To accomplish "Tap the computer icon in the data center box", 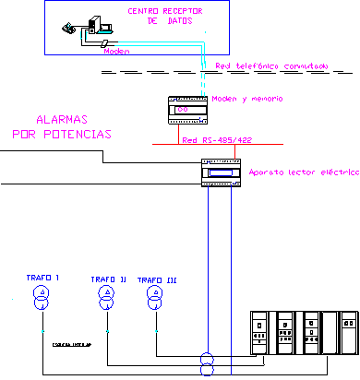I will (x=93, y=28).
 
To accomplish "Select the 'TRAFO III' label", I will (x=156, y=279).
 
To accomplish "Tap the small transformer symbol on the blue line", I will (x=206, y=362).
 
